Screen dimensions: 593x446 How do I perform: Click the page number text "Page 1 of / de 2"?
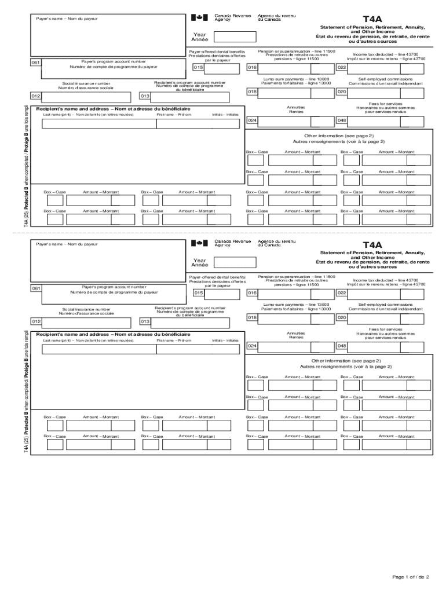click(410, 577)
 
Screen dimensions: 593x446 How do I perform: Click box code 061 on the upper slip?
click(36, 63)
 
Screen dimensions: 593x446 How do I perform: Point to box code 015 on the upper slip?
click(199, 68)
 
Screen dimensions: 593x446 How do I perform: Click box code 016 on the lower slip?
click(253, 293)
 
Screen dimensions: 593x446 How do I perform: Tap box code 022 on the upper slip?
click(342, 68)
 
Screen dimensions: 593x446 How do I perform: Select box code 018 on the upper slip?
click(253, 91)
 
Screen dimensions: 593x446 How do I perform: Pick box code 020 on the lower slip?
click(342, 317)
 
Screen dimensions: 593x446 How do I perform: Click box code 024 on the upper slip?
click(253, 120)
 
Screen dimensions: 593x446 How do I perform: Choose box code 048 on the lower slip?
click(342, 346)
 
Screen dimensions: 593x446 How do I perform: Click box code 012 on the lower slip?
click(36, 321)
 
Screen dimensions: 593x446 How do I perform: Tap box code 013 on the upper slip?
click(145, 96)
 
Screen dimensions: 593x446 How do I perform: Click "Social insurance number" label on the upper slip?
click(86, 83)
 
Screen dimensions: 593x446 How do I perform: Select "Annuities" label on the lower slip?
click(296, 333)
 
